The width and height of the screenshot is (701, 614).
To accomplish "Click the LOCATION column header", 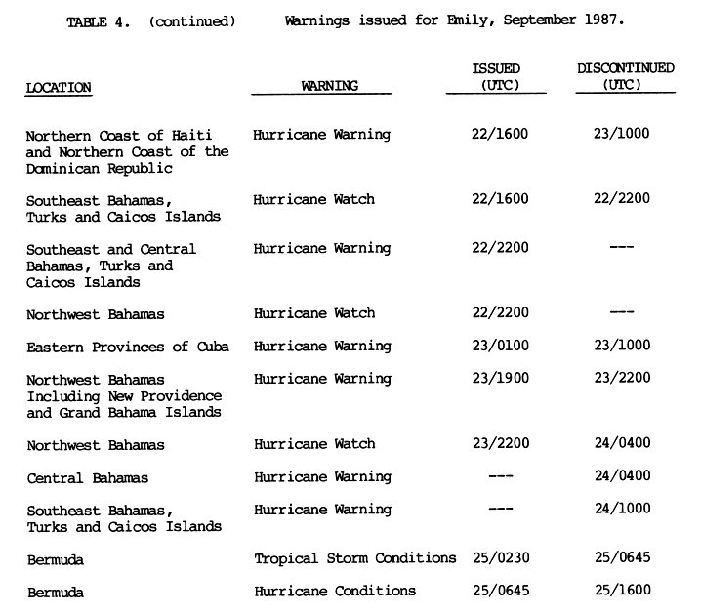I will (59, 87).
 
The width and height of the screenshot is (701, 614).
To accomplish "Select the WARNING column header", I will (330, 86).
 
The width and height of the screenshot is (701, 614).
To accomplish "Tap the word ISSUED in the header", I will (496, 68).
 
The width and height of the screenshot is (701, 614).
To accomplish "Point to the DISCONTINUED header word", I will (625, 68).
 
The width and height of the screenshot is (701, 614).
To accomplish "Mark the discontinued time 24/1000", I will (621, 510).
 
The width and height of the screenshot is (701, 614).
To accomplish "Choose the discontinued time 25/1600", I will (621, 591).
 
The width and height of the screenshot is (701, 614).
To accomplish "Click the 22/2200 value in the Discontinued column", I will (621, 199).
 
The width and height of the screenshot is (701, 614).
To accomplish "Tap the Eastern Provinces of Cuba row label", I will (127, 348).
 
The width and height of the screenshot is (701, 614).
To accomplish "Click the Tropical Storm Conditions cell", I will (355, 559).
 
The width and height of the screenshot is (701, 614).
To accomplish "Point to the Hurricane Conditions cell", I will (335, 591).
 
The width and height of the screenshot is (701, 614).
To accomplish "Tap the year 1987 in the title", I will (601, 20).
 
